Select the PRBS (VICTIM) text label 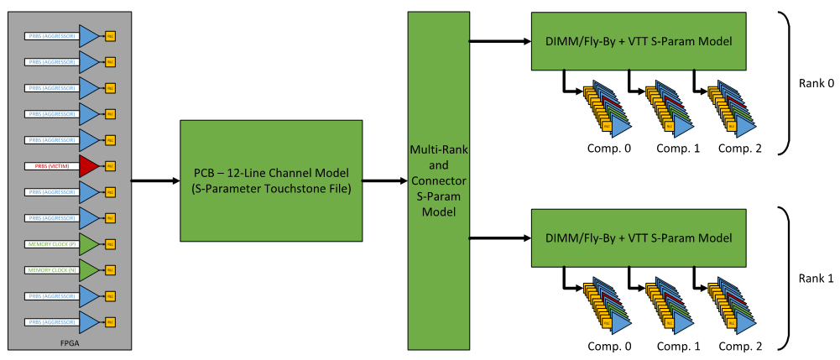(51, 166)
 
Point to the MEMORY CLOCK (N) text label (51, 270)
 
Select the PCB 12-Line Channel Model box (271, 180)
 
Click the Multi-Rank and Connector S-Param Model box (438, 180)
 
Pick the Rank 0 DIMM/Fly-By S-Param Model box (639, 41)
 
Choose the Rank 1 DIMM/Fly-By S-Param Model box (639, 237)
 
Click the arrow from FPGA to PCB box (156, 180)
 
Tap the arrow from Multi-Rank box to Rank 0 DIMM (500, 41)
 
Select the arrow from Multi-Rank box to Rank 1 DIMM (500, 237)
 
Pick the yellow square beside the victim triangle (110, 166)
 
